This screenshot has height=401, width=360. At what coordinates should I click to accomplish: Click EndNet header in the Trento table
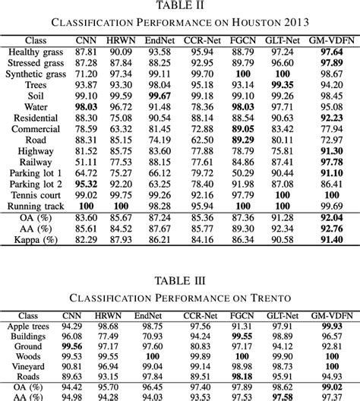point(152,313)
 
